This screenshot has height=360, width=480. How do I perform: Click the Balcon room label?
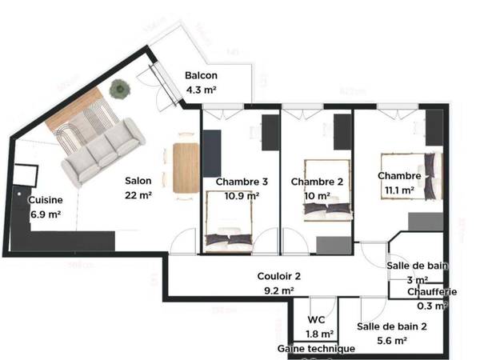point(201,76)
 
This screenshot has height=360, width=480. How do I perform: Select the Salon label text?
point(138,181)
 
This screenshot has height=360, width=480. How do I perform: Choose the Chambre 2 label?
point(317,182)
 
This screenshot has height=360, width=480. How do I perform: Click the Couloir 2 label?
point(279,277)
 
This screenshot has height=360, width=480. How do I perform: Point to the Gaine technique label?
point(316,349)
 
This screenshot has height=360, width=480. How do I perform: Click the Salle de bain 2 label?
point(393,326)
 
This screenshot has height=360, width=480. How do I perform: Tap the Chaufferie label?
point(432,292)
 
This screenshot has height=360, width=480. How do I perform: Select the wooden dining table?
point(186,166)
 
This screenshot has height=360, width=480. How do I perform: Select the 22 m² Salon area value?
point(138,194)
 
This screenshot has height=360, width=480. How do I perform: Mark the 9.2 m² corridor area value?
point(279,291)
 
